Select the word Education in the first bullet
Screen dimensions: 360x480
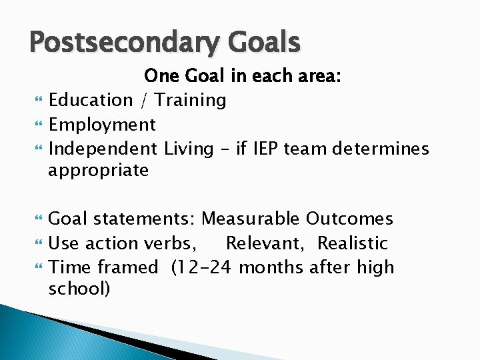pyautogui.click(x=91, y=101)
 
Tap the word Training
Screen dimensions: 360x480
pyautogui.click(x=191, y=101)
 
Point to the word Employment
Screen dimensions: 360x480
pyautogui.click(x=102, y=125)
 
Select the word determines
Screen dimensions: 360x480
pyautogui.click(x=381, y=148)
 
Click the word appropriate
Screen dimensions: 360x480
pyautogui.click(x=98, y=171)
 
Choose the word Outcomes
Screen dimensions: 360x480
pyautogui.click(x=349, y=219)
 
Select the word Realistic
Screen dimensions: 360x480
pyautogui.click(x=352, y=243)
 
